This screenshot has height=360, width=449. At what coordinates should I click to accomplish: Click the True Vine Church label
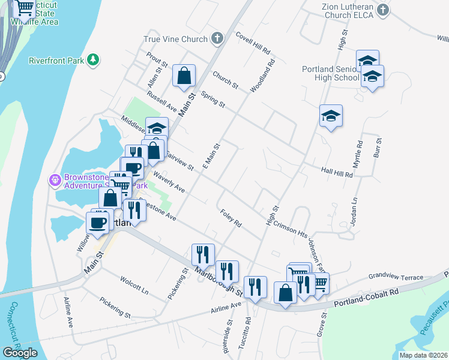[x=175, y=40]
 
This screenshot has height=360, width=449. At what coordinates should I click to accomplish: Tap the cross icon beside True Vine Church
[x=217, y=39]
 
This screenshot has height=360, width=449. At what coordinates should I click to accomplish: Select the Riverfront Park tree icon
[x=93, y=60]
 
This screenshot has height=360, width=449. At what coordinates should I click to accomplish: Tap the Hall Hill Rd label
[x=337, y=173]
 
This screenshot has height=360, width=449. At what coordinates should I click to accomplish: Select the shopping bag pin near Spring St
[x=184, y=76]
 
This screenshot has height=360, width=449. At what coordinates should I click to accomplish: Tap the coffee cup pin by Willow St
[x=97, y=223]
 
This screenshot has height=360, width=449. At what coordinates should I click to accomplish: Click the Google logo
[x=19, y=353]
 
